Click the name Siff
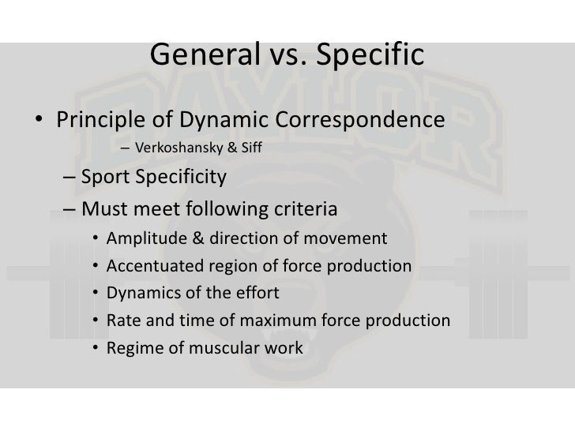tap(251, 148)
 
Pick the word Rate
tap(122, 320)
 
